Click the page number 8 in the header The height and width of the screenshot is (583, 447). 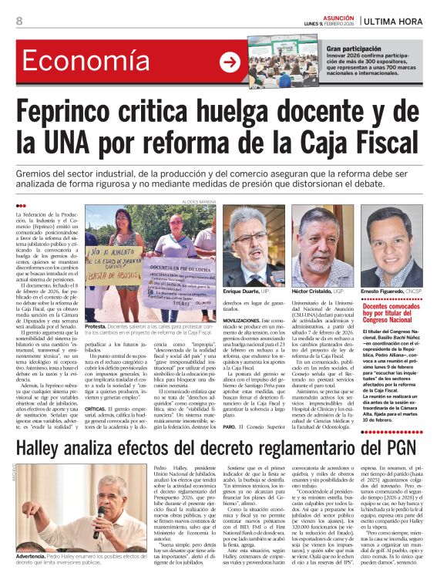pos(19,21)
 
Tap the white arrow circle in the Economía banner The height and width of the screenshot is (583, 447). pos(230,62)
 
